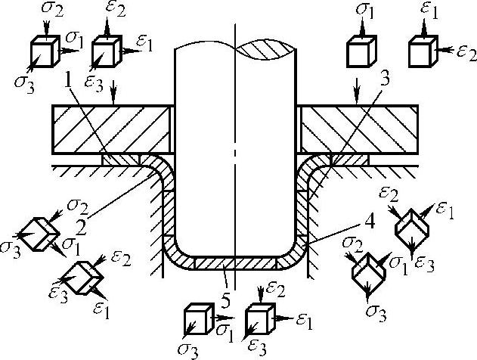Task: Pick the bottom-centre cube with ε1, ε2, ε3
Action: point(261,319)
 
